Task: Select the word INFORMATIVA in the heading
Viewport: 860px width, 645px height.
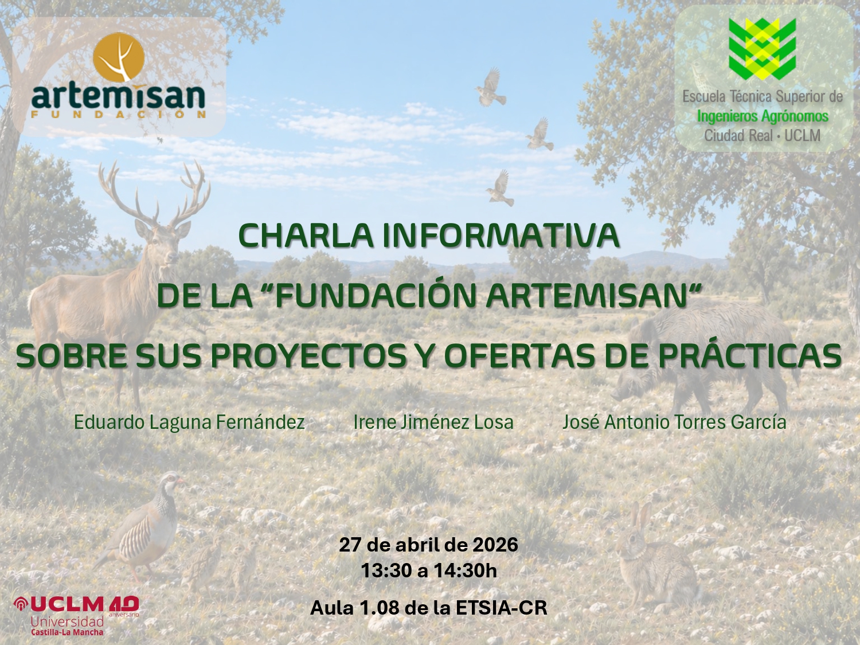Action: [501, 236]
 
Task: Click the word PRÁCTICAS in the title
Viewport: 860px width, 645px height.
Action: [749, 356]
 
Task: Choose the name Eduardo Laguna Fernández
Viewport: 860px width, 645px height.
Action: [189, 423]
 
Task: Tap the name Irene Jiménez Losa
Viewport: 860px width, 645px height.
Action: [433, 423]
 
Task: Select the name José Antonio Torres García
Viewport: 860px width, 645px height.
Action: [674, 423]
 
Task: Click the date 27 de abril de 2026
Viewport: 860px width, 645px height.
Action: [428, 545]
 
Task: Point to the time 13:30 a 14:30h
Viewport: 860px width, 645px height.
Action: [428, 571]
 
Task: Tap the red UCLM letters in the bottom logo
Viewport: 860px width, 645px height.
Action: [68, 604]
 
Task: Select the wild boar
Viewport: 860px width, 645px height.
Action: [711, 355]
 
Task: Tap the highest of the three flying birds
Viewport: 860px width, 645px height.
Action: [491, 87]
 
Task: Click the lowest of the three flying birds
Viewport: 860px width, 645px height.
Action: [500, 187]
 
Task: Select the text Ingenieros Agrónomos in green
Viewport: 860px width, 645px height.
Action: [762, 116]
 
